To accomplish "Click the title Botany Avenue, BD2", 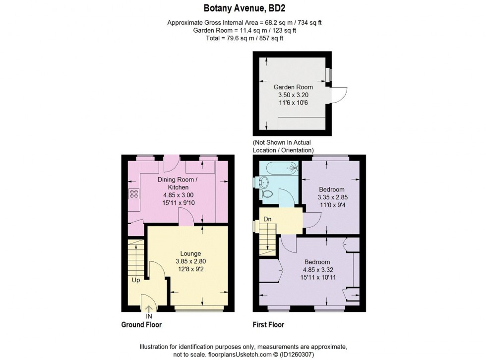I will tap(243, 8).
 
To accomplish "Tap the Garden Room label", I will tap(293, 87).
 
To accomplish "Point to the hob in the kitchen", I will tap(133, 194).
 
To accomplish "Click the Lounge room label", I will tap(191, 253).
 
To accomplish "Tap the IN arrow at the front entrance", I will tap(148, 309).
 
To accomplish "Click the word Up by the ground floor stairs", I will tap(135, 280).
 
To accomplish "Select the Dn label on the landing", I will tap(267, 219).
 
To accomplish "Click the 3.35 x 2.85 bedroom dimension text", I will tap(332, 197).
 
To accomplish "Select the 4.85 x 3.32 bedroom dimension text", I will tap(317, 270).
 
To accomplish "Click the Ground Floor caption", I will tap(141, 325).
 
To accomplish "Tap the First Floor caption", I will tap(268, 325).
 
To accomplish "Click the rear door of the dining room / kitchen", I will tap(172, 162).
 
